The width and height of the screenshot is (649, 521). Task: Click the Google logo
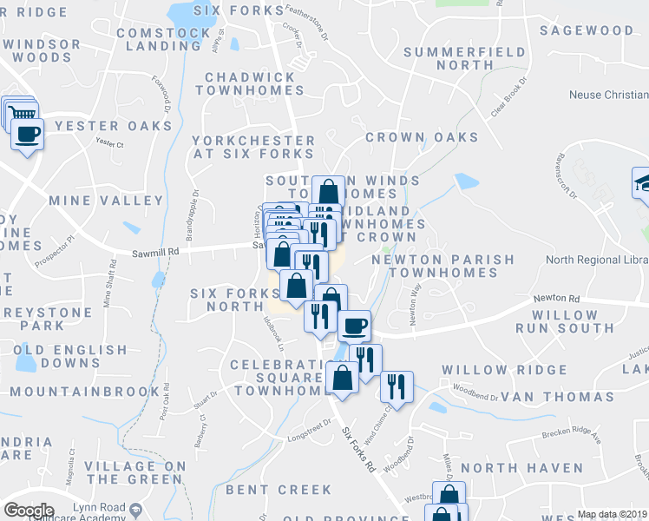29,511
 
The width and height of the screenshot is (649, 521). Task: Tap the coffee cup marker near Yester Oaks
28,135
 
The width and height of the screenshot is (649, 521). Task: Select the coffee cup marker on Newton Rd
354,326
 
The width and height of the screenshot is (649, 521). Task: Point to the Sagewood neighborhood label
587,30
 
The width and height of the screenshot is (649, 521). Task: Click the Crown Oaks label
422,137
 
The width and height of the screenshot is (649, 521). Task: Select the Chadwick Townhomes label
251,83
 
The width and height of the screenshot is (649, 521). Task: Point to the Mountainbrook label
86,392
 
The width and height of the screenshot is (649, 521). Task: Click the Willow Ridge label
504,370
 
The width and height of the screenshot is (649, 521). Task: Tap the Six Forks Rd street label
357,449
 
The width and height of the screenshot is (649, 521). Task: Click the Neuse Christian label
608,95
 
